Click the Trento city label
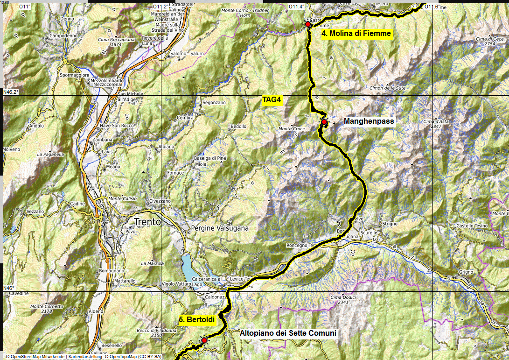[147, 222]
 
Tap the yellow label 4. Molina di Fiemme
[356, 34]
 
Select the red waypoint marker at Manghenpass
[324, 122]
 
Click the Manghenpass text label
[369, 121]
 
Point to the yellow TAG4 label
[272, 99]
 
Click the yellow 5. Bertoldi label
[196, 320]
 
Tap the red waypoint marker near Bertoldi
[204, 340]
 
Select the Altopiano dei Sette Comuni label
[288, 333]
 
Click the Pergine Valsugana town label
[220, 228]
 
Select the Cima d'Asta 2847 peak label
[436, 124]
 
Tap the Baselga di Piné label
[209, 158]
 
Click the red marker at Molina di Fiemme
[308, 24]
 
